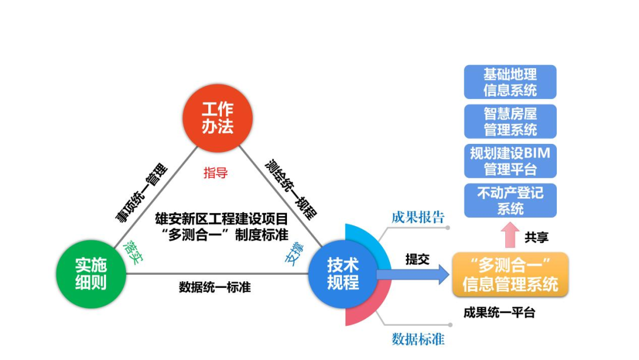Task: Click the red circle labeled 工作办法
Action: click(x=218, y=118)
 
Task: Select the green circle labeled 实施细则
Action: click(x=91, y=274)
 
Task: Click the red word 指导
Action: click(x=215, y=173)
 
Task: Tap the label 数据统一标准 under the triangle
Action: click(x=215, y=288)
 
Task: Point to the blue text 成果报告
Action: click(x=418, y=217)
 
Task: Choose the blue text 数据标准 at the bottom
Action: click(x=418, y=339)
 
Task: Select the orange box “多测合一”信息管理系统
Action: click(x=510, y=275)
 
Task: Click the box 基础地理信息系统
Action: click(x=510, y=82)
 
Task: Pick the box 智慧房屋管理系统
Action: click(x=510, y=121)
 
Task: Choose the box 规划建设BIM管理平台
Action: click(x=510, y=161)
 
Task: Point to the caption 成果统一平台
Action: click(x=499, y=313)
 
